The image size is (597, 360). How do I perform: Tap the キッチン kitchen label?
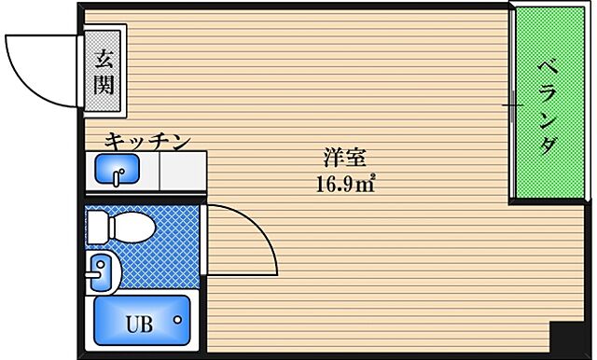coord(146,141)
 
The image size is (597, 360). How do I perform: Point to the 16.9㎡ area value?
coord(344,182)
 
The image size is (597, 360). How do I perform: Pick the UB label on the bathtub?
coord(139,325)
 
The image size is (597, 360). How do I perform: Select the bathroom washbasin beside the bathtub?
coord(99,271)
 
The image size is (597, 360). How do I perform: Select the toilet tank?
coord(97,224)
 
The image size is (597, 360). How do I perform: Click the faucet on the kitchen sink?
coord(117,174)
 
